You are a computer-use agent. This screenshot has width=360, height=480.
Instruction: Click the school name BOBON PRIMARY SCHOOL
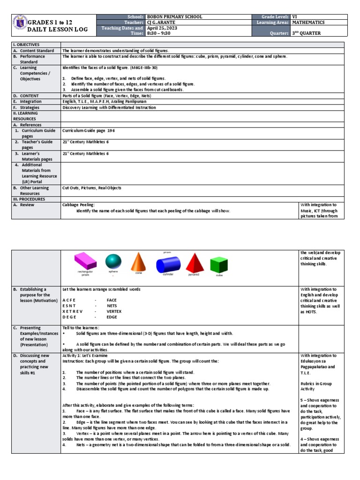(175, 17)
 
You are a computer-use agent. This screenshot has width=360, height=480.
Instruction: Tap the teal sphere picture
(113, 262)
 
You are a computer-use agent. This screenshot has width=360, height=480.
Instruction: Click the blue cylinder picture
(168, 263)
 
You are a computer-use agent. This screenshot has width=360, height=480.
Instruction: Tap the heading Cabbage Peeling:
(79, 205)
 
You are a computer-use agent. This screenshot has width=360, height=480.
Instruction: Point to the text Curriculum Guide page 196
(88, 131)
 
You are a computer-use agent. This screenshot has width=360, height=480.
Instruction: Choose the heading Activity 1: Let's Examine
(88, 356)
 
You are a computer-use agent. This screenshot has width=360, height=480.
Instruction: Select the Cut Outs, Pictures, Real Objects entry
(92, 188)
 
